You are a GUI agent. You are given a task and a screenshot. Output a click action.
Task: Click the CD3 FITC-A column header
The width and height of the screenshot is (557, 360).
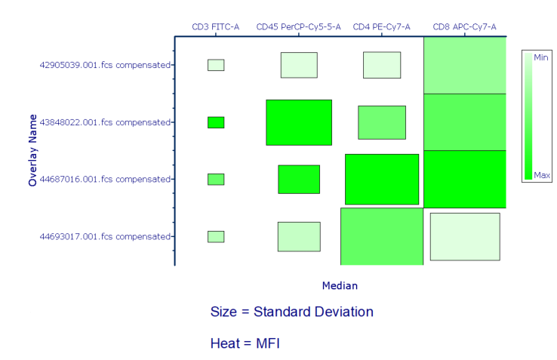[x=215, y=27]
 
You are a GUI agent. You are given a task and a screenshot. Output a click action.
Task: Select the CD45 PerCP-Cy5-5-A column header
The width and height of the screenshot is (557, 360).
[x=298, y=27]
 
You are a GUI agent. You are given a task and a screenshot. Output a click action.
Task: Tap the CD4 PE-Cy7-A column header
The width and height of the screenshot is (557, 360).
[x=381, y=27]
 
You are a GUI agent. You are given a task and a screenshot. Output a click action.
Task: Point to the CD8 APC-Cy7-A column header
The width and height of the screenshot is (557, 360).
[x=464, y=27]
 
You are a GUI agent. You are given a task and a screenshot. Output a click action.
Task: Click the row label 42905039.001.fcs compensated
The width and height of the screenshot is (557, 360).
[x=104, y=65]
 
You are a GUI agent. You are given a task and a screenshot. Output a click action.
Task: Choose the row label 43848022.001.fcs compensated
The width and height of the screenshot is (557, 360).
[x=104, y=122]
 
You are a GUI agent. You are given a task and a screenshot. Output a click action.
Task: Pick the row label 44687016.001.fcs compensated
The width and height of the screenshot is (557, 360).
[x=104, y=180]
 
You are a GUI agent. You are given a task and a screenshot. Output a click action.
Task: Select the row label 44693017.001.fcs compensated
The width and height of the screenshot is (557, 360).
[x=104, y=237]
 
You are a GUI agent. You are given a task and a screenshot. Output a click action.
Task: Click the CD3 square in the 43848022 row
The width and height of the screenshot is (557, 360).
[x=216, y=122]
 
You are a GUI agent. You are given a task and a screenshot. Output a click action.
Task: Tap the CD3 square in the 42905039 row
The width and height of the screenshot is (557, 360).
[x=216, y=65]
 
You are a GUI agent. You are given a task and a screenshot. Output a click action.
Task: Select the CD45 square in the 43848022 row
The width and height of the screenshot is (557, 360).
[x=299, y=122]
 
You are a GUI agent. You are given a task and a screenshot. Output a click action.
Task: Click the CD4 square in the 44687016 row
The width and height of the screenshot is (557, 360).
[x=382, y=180]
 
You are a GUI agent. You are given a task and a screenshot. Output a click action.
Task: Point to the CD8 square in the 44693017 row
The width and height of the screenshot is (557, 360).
[x=465, y=237]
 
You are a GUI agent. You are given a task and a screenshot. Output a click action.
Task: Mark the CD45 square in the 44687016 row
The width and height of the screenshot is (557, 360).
[x=299, y=180]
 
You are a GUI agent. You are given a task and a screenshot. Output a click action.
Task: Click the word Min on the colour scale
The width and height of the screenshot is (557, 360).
[x=541, y=57]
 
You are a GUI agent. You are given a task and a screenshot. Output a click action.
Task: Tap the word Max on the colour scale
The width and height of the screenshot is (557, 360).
[x=541, y=175]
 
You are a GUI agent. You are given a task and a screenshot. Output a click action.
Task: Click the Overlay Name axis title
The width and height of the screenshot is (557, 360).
[x=33, y=150]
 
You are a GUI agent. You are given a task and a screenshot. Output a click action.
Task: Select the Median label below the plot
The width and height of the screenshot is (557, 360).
[x=340, y=286]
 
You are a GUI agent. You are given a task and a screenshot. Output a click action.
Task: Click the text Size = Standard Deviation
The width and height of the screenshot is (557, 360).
[x=291, y=312]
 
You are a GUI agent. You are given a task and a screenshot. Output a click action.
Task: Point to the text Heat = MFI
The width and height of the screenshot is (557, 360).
[x=245, y=343]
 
